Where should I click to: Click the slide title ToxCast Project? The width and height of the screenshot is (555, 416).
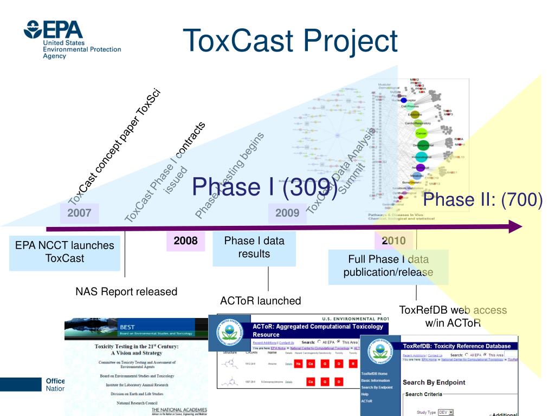coord(290,41)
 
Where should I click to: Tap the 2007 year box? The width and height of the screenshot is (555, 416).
coord(79,213)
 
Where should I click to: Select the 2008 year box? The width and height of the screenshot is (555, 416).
coord(185,240)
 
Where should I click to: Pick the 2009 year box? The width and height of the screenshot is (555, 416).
coord(287,213)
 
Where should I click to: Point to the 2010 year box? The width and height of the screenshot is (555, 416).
coord(393,240)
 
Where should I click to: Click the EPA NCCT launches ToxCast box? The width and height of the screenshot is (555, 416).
coord(64,252)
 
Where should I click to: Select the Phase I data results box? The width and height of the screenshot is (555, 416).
coord(254,247)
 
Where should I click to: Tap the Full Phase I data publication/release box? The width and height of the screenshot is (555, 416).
coord(388,266)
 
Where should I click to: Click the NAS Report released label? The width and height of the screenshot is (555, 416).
coord(126,291)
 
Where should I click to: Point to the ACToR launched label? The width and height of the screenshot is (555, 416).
coord(261,301)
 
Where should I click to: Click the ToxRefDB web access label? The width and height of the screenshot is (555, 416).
coord(453,316)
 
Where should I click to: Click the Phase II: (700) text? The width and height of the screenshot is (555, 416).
coord(482,199)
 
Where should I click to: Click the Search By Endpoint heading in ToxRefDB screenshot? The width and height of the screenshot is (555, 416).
coord(434,382)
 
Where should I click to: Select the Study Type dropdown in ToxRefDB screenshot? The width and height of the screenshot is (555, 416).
coord(445,412)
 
